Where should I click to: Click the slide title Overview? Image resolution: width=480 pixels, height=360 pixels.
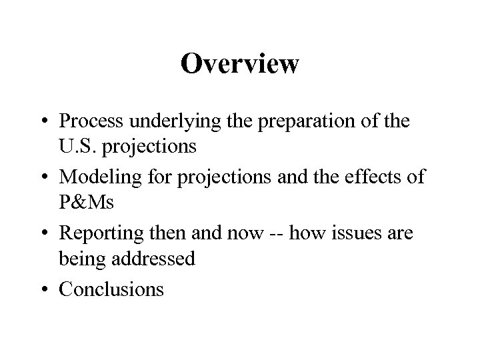click(x=240, y=64)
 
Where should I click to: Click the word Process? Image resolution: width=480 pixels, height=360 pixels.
click(x=95, y=122)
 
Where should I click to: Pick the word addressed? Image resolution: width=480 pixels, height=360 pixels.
click(x=153, y=257)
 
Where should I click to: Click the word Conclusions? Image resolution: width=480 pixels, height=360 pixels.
click(x=111, y=289)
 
